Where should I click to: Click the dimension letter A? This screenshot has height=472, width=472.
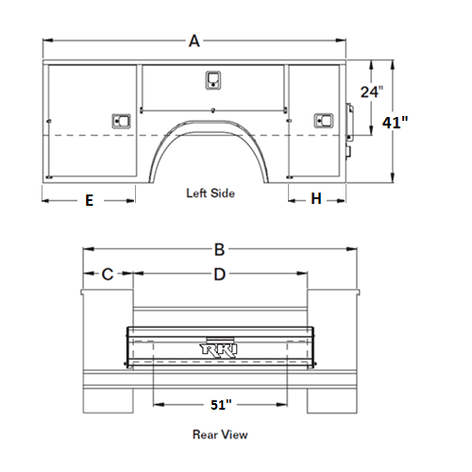tap(194, 42)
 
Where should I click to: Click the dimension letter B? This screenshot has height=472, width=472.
tap(219, 250)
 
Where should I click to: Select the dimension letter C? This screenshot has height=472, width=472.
tap(108, 274)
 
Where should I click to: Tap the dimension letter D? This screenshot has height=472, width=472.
tap(220, 275)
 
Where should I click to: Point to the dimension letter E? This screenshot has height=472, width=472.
tap(90, 200)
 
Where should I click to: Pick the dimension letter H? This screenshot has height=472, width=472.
tap(316, 199)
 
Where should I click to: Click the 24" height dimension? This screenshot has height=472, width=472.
tap(372, 92)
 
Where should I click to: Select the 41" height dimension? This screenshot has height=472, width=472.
tap(395, 123)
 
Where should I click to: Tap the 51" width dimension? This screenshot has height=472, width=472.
tap(221, 405)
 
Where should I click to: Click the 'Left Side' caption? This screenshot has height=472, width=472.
tap(211, 194)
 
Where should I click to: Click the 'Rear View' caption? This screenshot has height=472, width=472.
tap(220, 434)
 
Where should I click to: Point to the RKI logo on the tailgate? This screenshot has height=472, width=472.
tap(219, 350)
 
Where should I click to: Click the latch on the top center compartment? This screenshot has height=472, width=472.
tap(213, 80)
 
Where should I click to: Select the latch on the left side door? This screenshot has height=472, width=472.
tap(121, 121)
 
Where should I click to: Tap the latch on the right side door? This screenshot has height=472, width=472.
tap(324, 121)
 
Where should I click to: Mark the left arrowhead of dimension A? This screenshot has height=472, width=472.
tap(47, 41)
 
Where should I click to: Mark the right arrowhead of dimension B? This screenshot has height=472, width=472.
tap(352, 249)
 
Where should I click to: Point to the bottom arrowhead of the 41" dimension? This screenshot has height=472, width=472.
tap(393, 177)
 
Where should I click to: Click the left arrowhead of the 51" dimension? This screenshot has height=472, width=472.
tap(159, 404)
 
